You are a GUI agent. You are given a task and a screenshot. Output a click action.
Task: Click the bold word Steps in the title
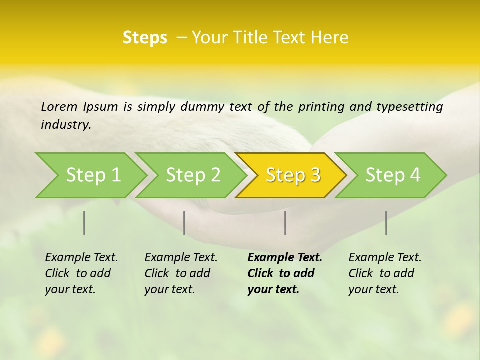tap(145, 38)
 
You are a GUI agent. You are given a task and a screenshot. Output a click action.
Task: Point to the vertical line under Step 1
tap(84, 223)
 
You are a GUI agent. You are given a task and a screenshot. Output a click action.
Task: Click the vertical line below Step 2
tap(184, 223)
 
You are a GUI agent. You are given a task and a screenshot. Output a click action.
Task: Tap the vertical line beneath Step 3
tap(285, 223)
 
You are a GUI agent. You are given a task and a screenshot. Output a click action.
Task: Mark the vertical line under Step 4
tap(386, 223)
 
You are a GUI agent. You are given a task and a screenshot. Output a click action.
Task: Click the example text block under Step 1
tap(81, 273)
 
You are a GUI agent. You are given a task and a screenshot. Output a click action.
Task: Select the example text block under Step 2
tap(181, 273)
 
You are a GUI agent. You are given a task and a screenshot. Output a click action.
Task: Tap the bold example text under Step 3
tap(284, 273)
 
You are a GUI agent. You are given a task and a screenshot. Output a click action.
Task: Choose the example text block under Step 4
tap(385, 273)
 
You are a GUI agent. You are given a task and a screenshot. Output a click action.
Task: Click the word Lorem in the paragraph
tap(59, 107)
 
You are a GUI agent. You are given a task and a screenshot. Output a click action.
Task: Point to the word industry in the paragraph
tap(66, 125)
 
